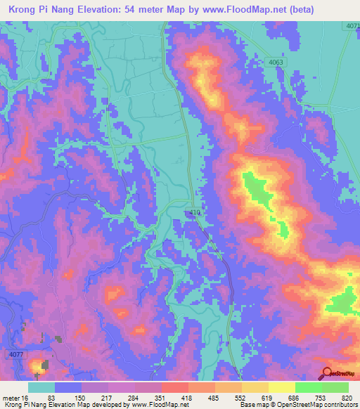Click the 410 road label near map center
[x=196, y=212]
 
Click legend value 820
[x=347, y=397]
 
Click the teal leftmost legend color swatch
[x=41, y=387]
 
